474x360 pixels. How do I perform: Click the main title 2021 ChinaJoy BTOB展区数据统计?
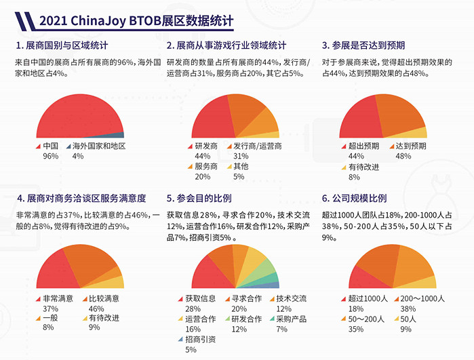tap(136, 21)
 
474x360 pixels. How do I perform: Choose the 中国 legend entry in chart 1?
tap(51, 146)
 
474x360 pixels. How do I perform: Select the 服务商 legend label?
tap(206, 167)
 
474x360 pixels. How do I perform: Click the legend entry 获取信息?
tap(199, 298)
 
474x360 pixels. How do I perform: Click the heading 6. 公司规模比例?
tap(354, 199)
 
